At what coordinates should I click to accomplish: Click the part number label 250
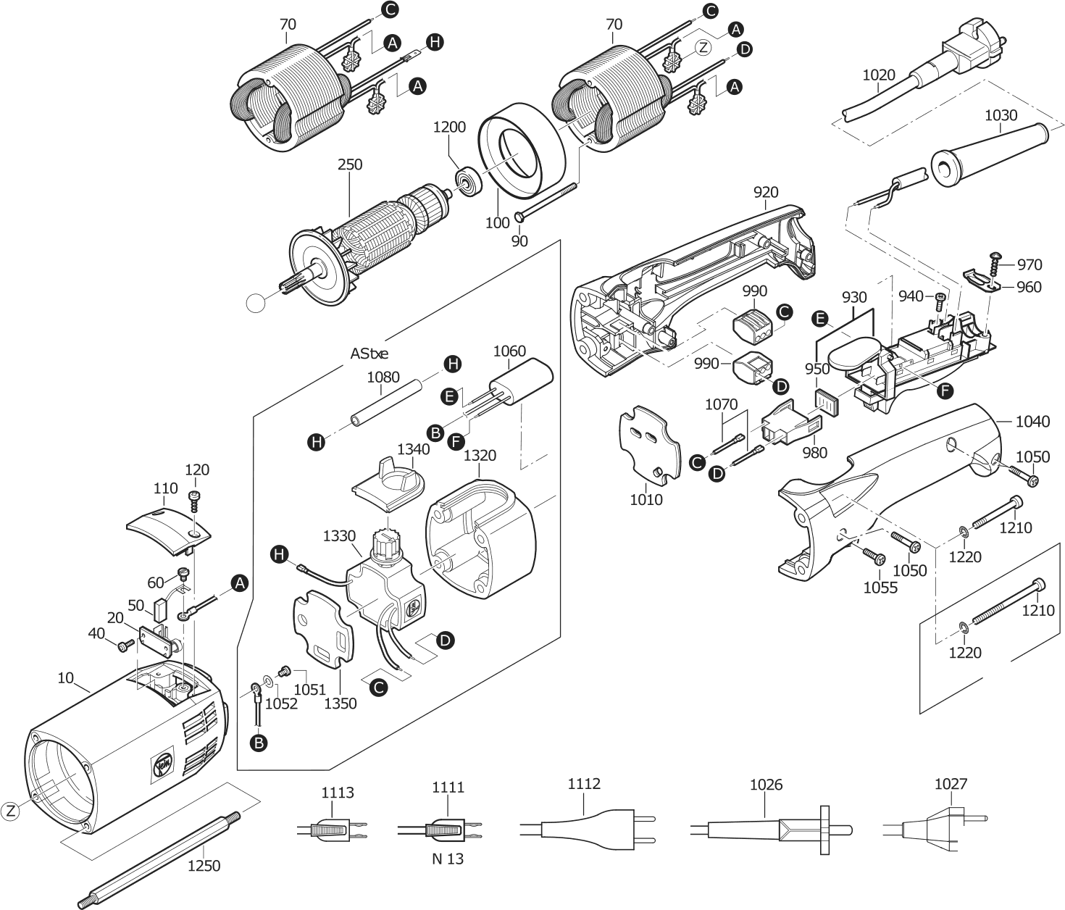pyautogui.click(x=350, y=165)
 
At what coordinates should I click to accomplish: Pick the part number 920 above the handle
pyautogui.click(x=766, y=192)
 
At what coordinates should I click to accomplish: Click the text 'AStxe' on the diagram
pyautogui.click(x=369, y=354)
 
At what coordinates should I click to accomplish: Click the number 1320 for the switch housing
pyautogui.click(x=480, y=455)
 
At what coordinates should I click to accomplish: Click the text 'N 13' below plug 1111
pyautogui.click(x=448, y=859)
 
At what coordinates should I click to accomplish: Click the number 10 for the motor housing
pyautogui.click(x=65, y=678)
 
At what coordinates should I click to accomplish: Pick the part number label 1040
pyautogui.click(x=1032, y=421)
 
